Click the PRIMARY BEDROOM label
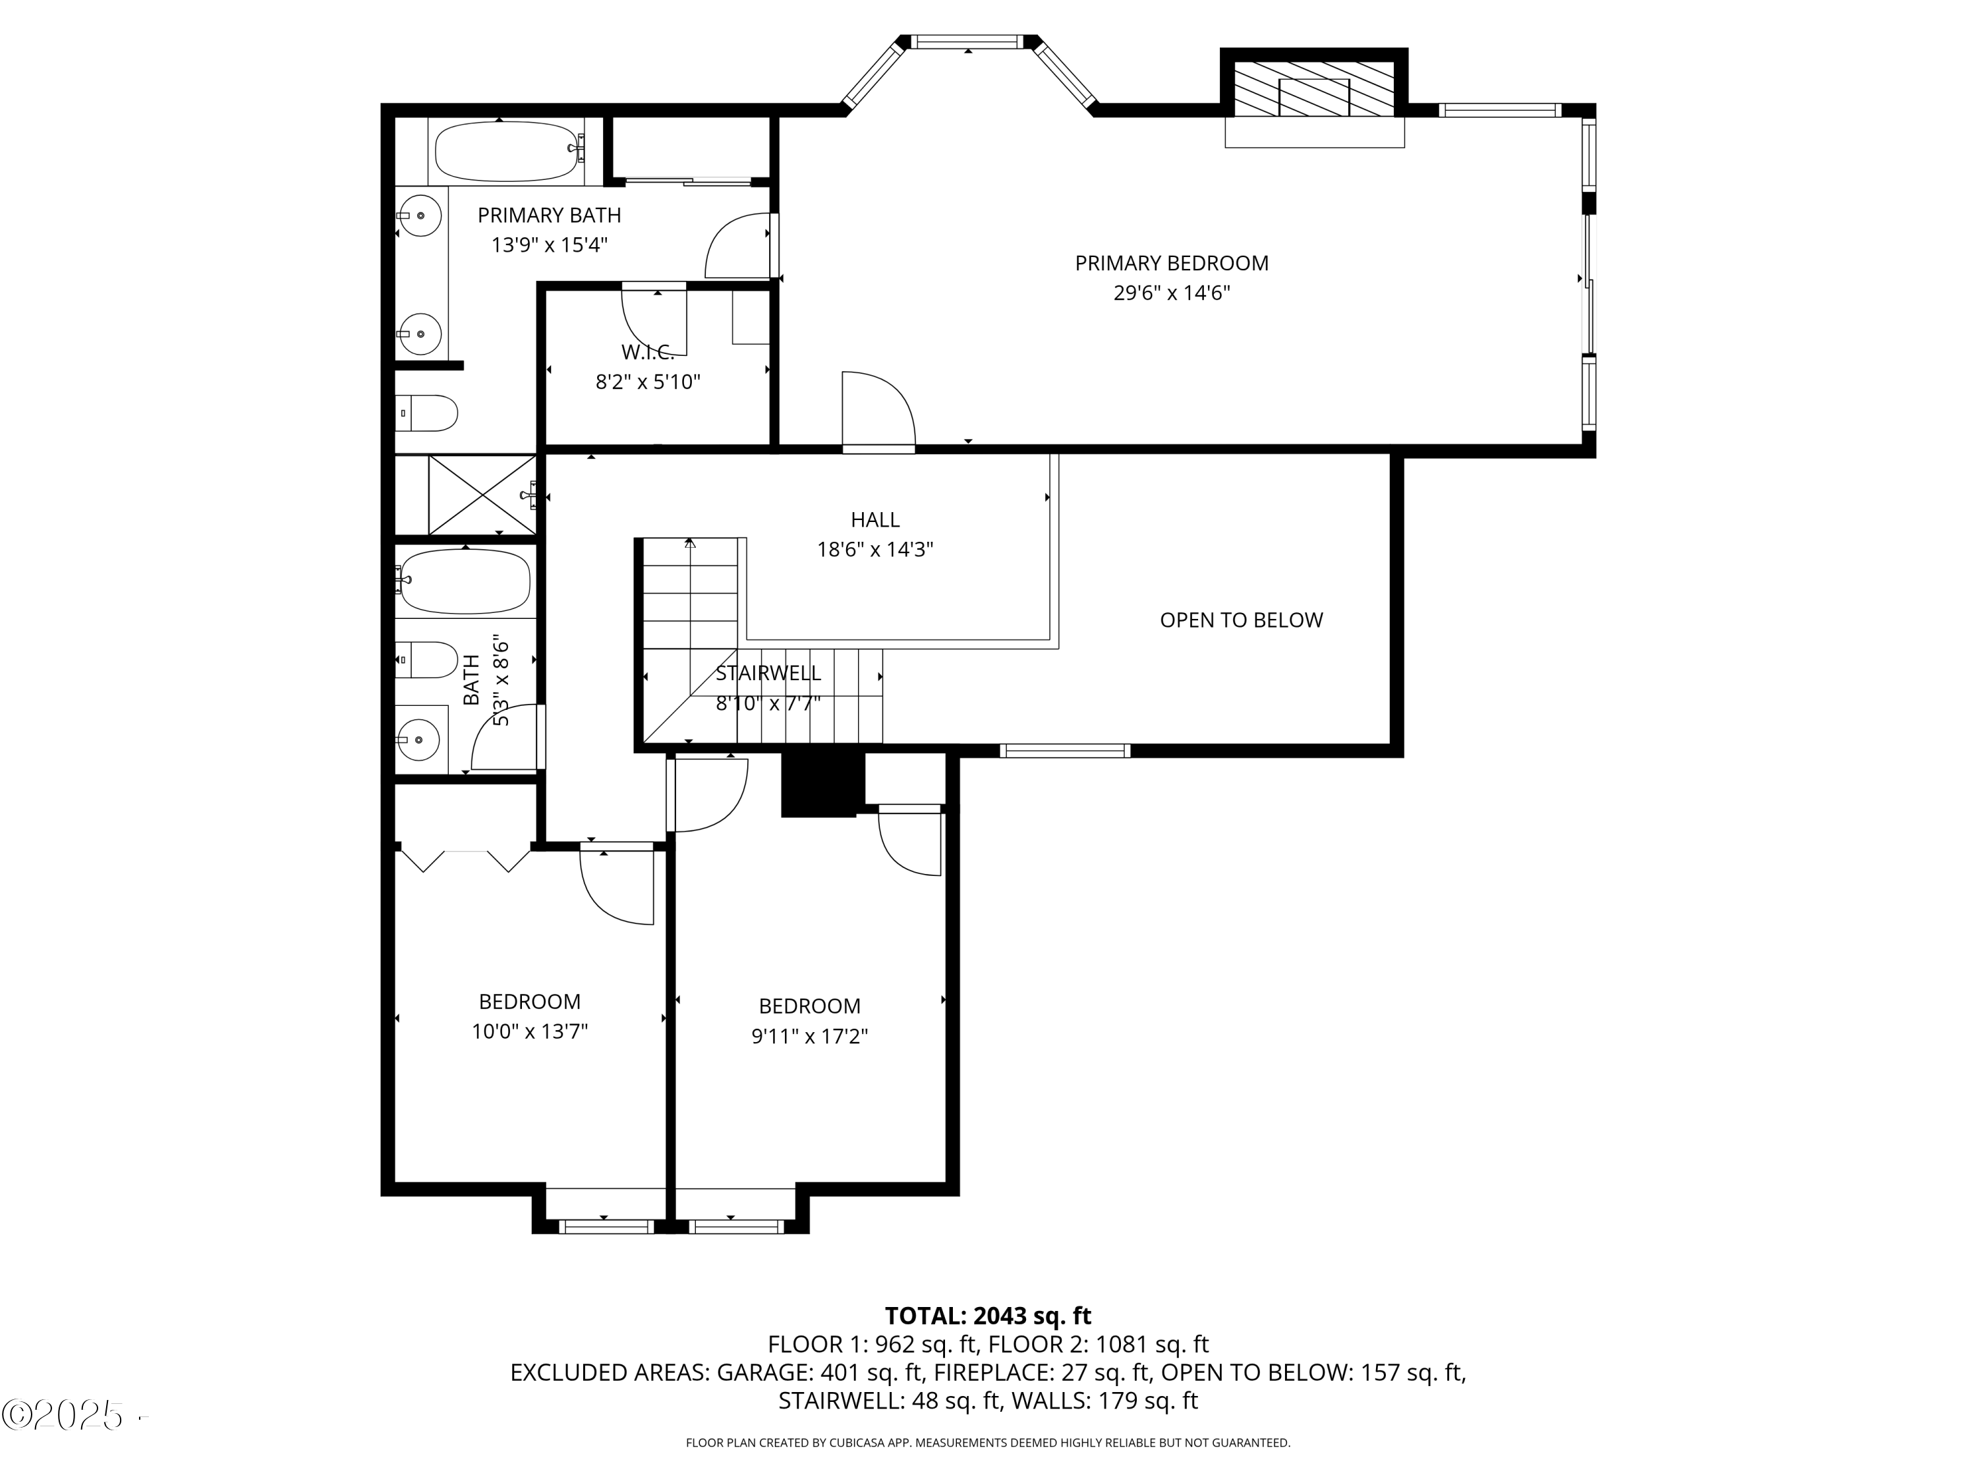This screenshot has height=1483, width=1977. [x=1171, y=263]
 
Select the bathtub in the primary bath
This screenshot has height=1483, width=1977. [x=507, y=151]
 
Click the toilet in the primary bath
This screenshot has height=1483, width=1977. [x=427, y=413]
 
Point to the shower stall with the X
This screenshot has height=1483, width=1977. [x=481, y=495]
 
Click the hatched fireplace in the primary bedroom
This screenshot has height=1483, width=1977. [x=1313, y=90]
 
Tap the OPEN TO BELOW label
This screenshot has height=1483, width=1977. [x=1240, y=620]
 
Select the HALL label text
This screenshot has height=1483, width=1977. [x=874, y=519]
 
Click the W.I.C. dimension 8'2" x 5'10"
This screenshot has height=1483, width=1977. [x=648, y=382]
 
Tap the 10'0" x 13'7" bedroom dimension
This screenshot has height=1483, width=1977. [x=529, y=1032]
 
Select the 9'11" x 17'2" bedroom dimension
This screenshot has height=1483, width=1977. [x=809, y=1036]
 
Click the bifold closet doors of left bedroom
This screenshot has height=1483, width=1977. [x=465, y=858]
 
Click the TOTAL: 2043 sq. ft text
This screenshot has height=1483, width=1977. [x=988, y=1316]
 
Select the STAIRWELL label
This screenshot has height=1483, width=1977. [x=768, y=673]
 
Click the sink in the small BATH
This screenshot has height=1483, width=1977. [x=418, y=740]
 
